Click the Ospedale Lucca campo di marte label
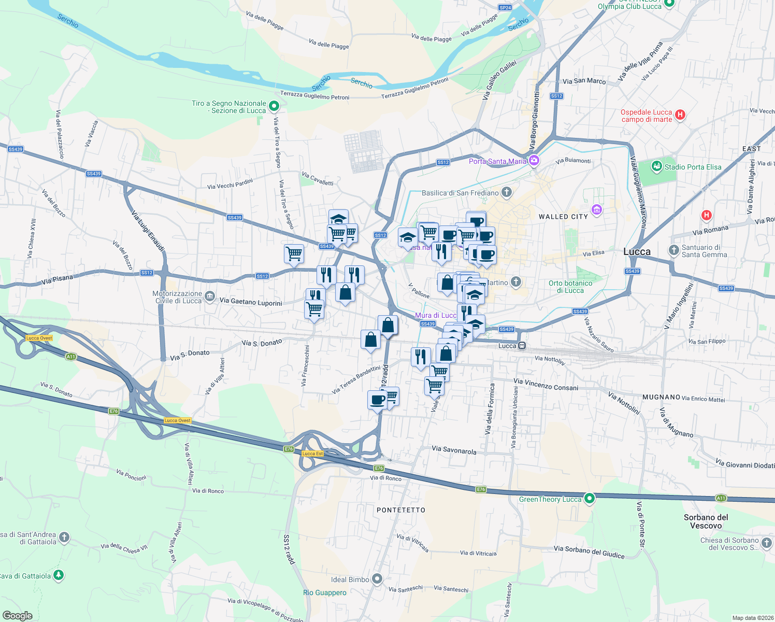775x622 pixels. coord(647,116)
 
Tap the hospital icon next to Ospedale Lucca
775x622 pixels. coord(681,115)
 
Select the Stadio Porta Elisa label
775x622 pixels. coord(693,167)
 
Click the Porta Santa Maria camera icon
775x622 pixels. coord(534,161)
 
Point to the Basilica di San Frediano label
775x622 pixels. coord(460,193)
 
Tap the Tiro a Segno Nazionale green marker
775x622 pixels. coord(274,106)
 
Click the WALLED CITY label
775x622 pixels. coord(563,217)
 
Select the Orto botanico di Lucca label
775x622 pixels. coord(570,287)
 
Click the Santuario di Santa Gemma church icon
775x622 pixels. coord(673,250)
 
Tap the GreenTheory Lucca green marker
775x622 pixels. coord(589,499)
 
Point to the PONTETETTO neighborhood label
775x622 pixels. coord(401,510)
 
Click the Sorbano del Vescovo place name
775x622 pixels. coord(706,521)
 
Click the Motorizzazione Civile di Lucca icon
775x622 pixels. coord(209,296)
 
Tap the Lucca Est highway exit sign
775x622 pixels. coord(312,454)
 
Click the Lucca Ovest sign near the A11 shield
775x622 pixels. coord(39,338)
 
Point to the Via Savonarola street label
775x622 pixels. coord(454,450)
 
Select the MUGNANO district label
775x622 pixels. coord(661,397)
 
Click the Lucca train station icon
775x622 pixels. coord(522,346)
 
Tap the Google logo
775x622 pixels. coord(17,615)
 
